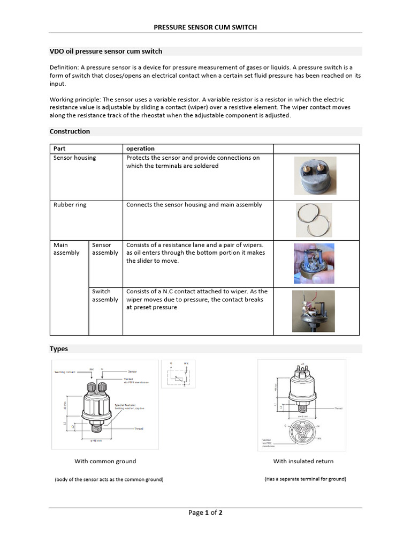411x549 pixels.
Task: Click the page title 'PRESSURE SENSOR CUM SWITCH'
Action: pos(205,27)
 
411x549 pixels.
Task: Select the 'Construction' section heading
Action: pos(70,131)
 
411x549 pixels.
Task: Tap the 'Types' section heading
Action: pos(59,348)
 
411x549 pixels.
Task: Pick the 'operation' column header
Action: pos(140,149)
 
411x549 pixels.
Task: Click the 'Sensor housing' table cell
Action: pos(74,158)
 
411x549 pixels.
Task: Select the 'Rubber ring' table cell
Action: pos(70,205)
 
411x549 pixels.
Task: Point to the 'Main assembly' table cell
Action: pos(66,249)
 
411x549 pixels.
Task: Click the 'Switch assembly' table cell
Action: pos(105,295)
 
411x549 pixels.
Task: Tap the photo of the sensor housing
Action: pos(315,175)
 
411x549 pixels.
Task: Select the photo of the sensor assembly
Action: pos(314,263)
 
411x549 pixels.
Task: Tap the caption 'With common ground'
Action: pos(105,461)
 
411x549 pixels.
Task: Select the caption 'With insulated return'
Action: pos(303,461)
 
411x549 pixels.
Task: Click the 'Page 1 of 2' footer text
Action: pos(205,513)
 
